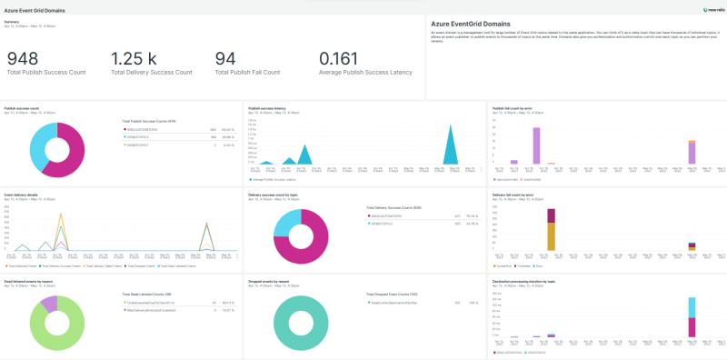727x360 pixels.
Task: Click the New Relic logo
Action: click(x=712, y=9)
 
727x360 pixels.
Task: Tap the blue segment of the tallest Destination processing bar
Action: click(x=692, y=307)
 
